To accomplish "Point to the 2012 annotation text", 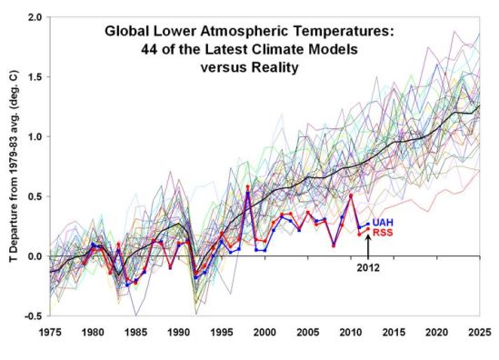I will [368, 268].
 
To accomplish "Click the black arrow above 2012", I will [368, 250].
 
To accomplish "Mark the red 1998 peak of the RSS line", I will [247, 187].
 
